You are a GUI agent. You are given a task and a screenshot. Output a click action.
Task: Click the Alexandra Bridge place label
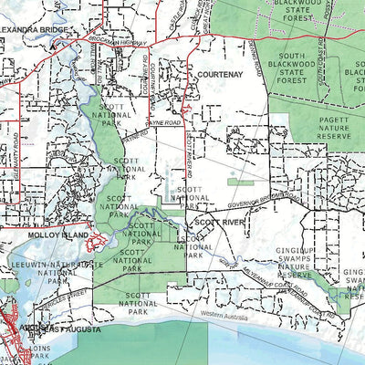pyautogui.click(x=34, y=30)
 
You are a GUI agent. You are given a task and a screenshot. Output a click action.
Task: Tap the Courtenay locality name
pyautogui.click(x=216, y=78)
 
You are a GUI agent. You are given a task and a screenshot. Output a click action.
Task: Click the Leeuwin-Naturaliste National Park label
pyautogui.click(x=51, y=267)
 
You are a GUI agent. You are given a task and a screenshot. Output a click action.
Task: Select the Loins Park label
pyautogui.click(x=37, y=351)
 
